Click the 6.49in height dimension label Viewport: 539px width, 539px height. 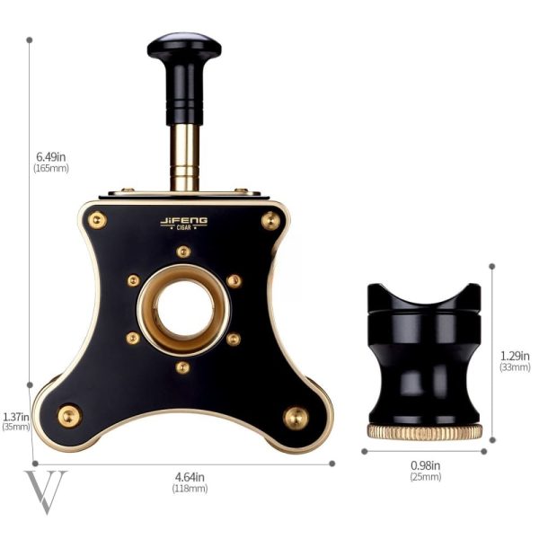pyautogui.click(x=51, y=162)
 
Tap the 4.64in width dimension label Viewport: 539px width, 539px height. pyautogui.click(x=190, y=482)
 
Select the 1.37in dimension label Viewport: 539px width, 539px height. pyautogui.click(x=16, y=421)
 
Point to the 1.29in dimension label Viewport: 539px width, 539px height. pyautogui.click(x=515, y=360)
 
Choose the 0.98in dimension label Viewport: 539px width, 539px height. pyautogui.click(x=425, y=470)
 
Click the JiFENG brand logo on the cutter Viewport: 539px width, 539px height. pyautogui.click(x=184, y=223)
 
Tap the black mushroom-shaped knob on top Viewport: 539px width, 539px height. pyautogui.click(x=184, y=49)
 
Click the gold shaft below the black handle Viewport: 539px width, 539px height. pyautogui.click(x=185, y=157)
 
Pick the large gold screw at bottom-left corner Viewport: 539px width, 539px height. pyautogui.click(x=69, y=416)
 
